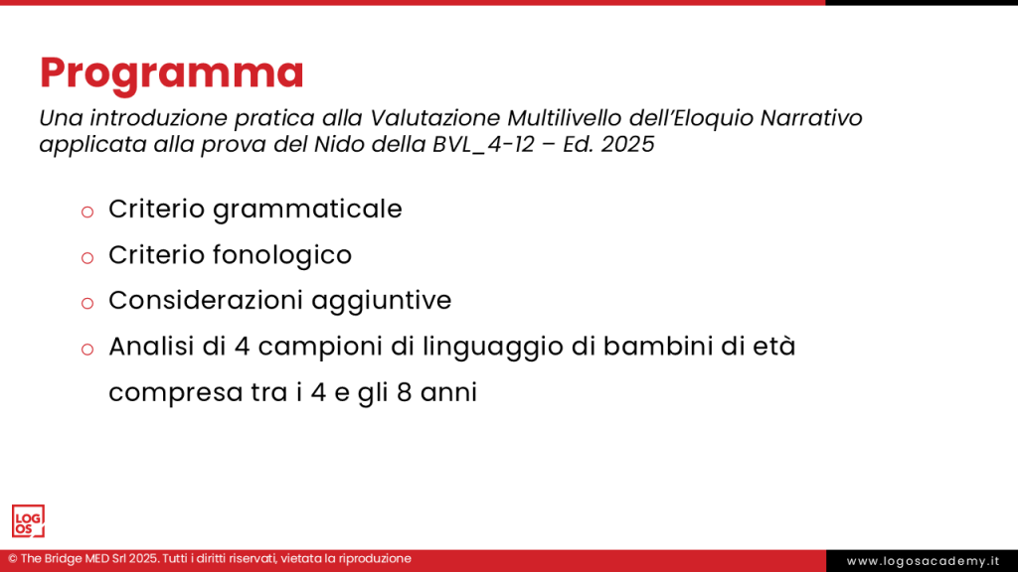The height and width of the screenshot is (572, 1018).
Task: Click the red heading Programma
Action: tap(171, 73)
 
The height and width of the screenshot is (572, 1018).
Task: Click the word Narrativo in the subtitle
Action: tap(810, 118)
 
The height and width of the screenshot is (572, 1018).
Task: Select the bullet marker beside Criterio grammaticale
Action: tap(86, 211)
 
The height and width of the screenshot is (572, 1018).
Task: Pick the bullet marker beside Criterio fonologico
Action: tap(86, 256)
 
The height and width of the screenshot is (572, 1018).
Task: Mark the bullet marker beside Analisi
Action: tap(86, 349)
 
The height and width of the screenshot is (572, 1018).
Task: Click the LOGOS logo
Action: tap(28, 520)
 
